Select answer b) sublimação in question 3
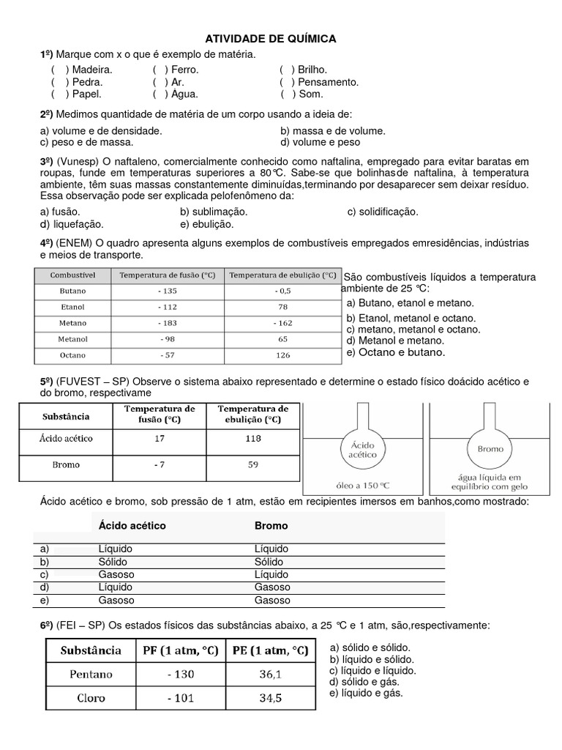(214, 212)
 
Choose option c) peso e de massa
(86, 141)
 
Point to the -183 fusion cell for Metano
(167, 322)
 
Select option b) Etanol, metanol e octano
(411, 318)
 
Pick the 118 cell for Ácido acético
(253, 439)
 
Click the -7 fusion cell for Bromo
(160, 465)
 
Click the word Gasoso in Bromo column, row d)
(271, 587)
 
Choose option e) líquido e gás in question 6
(366, 693)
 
